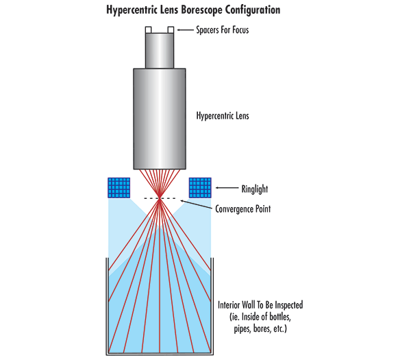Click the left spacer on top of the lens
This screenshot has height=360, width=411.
point(148,29)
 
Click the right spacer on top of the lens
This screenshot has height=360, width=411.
point(171,29)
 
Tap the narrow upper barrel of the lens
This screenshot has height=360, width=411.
point(160,49)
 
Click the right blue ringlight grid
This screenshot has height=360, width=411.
point(200,188)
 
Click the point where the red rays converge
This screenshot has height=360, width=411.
point(160,199)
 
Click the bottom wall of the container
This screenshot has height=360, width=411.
point(160,354)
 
